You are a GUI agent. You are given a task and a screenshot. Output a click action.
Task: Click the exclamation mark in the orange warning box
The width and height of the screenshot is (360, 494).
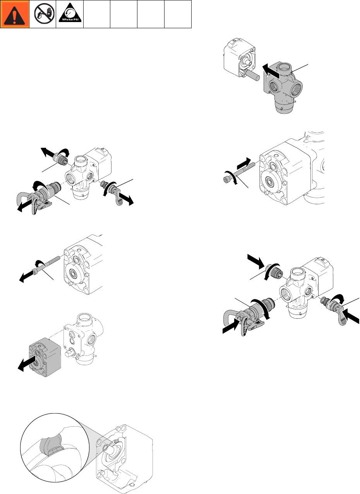(x=15, y=15)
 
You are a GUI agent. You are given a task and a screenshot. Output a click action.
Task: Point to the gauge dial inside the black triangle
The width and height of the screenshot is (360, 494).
(x=70, y=12)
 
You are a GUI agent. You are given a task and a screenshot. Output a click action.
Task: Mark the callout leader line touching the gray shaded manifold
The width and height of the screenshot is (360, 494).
(x=300, y=68)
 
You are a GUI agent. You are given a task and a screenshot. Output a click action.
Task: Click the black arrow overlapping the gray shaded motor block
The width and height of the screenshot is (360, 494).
(x=26, y=364)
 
